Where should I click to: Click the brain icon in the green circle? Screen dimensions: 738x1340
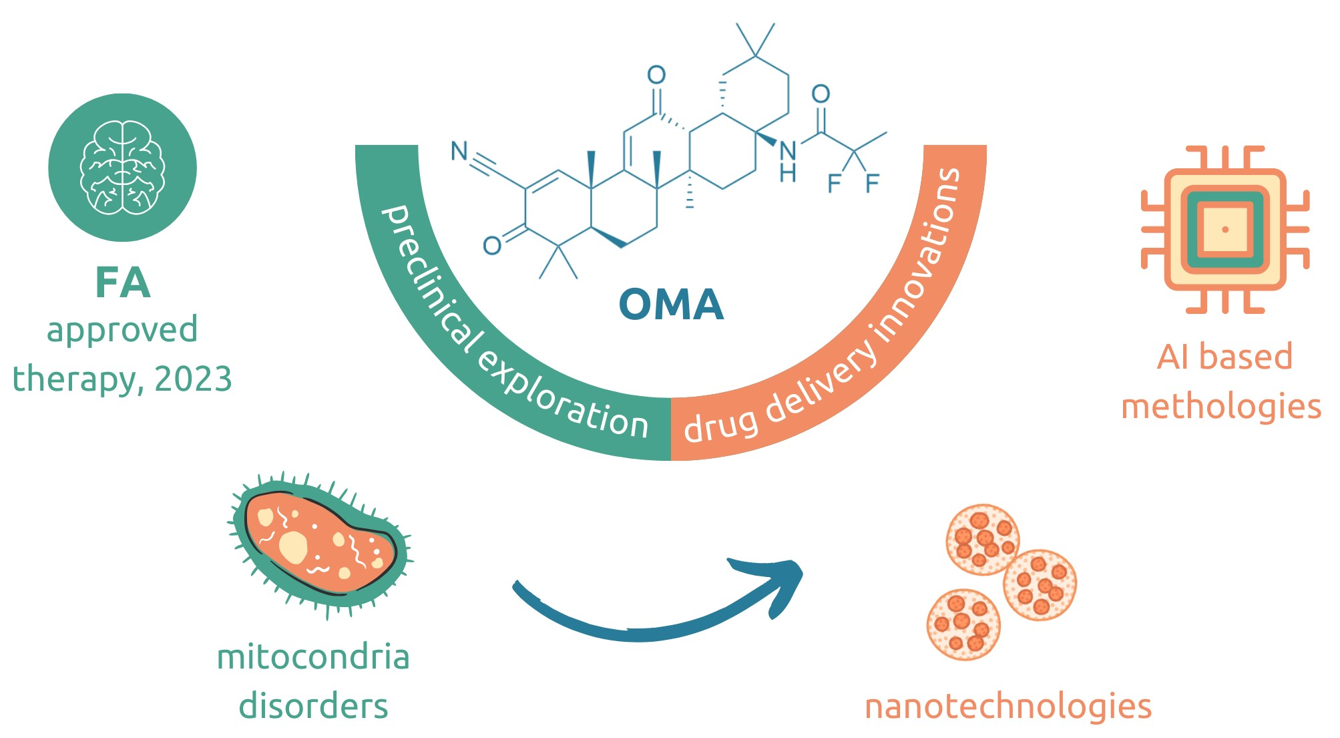click(122, 167)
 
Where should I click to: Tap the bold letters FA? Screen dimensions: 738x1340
click(123, 283)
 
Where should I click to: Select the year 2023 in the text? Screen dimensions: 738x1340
click(193, 379)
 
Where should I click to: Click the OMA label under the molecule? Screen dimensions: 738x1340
click(671, 305)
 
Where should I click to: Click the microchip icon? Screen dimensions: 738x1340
click(1225, 229)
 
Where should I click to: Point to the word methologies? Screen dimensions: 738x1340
click(1221, 406)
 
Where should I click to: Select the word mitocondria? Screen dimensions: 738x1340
click(313, 657)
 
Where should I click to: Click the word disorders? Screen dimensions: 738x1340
click(313, 707)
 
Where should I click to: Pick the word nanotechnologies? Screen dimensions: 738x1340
click(1008, 707)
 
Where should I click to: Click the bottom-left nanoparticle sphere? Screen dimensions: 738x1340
click(963, 624)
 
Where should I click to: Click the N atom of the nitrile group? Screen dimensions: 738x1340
click(459, 150)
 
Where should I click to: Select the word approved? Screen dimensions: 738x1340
click(122, 330)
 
